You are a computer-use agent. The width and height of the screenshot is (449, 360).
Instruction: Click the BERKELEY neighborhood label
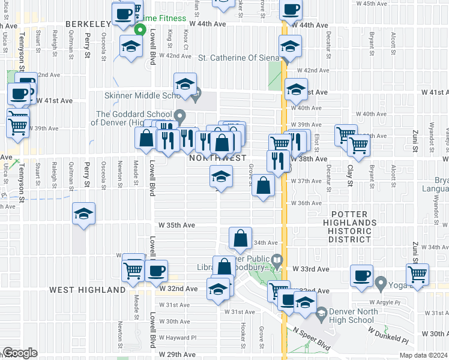coord(88,23)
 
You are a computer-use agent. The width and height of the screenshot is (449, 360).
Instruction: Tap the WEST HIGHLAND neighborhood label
coord(87,290)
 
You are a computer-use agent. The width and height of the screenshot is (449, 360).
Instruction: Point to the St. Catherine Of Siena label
coord(239,58)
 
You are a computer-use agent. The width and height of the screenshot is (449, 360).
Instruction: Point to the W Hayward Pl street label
coord(178,338)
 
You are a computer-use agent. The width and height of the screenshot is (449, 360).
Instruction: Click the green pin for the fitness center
coord(140,29)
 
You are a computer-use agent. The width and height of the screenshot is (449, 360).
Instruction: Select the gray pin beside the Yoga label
coord(379,281)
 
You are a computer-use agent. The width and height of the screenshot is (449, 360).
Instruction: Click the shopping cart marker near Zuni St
coord(417,274)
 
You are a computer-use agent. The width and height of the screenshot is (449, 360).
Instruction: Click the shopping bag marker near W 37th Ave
coord(263,185)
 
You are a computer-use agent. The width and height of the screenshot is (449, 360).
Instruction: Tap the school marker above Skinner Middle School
coord(185,84)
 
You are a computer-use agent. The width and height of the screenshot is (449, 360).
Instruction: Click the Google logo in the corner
coord(19,353)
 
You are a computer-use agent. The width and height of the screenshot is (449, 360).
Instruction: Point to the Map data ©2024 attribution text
coord(424,355)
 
